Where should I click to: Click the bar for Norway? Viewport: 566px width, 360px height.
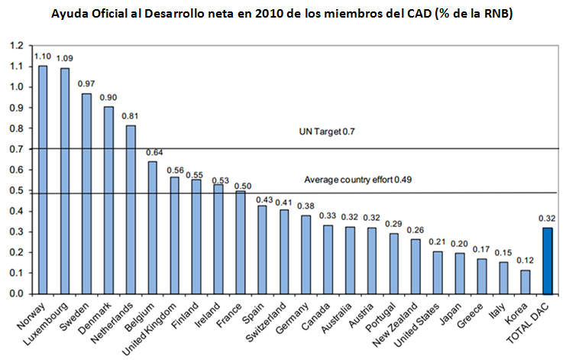point(43,180)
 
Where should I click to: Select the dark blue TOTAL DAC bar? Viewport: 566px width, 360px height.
point(547,261)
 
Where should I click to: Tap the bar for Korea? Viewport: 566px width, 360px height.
point(526,281)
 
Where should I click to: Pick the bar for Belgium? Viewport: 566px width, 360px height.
point(153,227)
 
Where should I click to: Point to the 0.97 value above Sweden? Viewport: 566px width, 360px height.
point(87,83)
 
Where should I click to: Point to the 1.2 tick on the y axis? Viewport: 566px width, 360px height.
point(17,45)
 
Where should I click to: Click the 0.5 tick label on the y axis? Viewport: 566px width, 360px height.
point(17,190)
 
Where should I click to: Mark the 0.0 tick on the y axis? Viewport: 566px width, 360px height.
point(17,294)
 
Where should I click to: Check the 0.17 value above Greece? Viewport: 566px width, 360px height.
point(481,249)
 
